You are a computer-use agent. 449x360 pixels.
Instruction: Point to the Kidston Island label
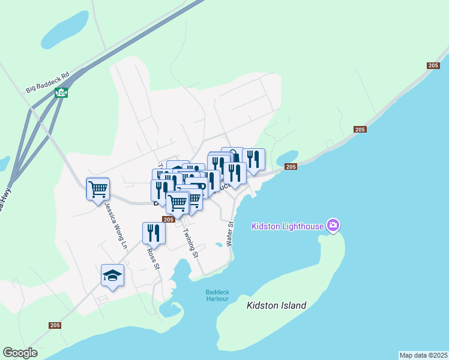(276, 305)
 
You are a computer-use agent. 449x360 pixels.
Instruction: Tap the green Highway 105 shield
(61, 92)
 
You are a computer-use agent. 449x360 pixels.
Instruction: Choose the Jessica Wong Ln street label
(116, 224)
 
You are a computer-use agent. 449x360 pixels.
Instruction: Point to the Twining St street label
(190, 243)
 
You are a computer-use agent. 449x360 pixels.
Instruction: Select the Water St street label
(229, 233)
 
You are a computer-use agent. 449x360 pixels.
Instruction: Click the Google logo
(20, 353)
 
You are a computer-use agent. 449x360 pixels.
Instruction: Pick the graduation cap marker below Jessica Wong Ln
(112, 275)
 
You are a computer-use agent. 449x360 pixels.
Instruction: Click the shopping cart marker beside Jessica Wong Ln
(98, 189)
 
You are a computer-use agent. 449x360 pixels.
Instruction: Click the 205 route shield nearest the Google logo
(55, 325)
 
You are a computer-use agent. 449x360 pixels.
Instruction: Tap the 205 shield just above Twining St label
(169, 220)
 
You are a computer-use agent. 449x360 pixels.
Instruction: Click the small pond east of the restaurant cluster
(287, 157)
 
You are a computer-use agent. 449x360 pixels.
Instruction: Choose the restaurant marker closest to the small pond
(253, 159)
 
